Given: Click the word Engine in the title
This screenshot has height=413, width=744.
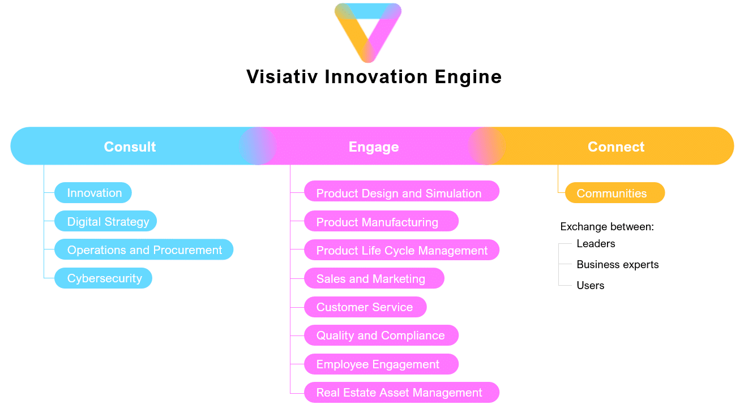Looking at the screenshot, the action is pos(468,78).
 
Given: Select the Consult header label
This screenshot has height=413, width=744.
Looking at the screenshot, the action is pos(130,147).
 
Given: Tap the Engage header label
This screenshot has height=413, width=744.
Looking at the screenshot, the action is pos(374,147).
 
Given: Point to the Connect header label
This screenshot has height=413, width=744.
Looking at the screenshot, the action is pos(616,147).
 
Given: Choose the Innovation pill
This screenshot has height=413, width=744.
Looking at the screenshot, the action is pos(93,192).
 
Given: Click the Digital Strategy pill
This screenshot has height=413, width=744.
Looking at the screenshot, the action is pos(106,221).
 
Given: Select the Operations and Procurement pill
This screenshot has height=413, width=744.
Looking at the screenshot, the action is pos(144,249).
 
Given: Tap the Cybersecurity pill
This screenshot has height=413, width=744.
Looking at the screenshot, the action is pos(103,278).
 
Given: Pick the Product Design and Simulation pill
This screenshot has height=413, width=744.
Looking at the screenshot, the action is pos(401,191).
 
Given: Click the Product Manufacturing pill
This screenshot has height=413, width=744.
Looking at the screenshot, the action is pos(381,221).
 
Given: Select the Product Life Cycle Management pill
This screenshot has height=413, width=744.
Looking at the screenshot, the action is pos(401,249).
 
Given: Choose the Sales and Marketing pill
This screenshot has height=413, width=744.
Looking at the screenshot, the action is pos(374,278).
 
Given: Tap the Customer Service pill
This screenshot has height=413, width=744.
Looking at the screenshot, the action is pos(365,307).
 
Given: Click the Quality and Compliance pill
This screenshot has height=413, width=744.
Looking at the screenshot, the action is pos(381,335).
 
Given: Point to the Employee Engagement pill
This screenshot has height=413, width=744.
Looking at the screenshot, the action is pos(381,364).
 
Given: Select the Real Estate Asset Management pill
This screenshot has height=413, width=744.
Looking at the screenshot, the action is pos(401,393).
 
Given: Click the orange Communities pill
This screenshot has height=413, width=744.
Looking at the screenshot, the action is pos(615,192).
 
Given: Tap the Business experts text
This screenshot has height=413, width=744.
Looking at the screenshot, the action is pos(618,265).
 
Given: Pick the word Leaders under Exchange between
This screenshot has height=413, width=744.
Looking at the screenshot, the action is pos(596,244).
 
